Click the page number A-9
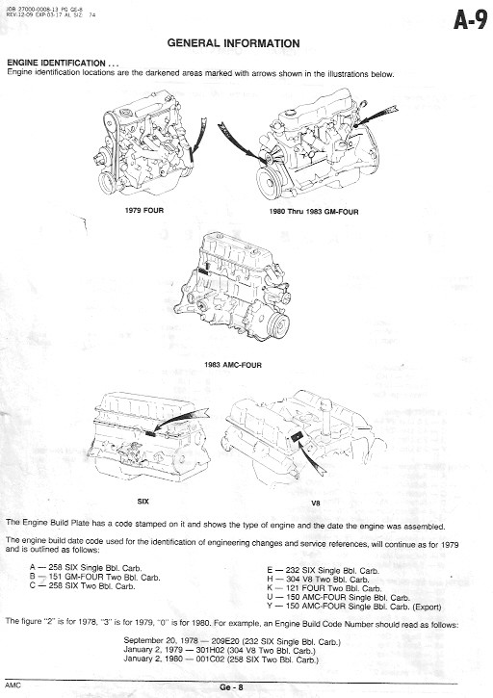click(x=470, y=20)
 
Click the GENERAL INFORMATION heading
click(x=233, y=43)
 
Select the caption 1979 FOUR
click(x=143, y=210)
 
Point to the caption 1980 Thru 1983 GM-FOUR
click(x=314, y=212)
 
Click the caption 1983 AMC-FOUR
click(x=233, y=365)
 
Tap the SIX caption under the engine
click(x=143, y=502)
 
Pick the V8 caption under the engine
click(x=315, y=503)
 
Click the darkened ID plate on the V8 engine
click(x=297, y=437)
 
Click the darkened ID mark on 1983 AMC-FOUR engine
click(x=203, y=270)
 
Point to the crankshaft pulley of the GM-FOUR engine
click(x=270, y=182)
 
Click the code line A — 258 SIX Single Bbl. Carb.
click(x=86, y=568)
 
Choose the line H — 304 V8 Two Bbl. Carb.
click(x=318, y=580)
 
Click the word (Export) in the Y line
click(x=427, y=607)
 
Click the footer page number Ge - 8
click(x=231, y=686)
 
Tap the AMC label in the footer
click(x=13, y=685)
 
